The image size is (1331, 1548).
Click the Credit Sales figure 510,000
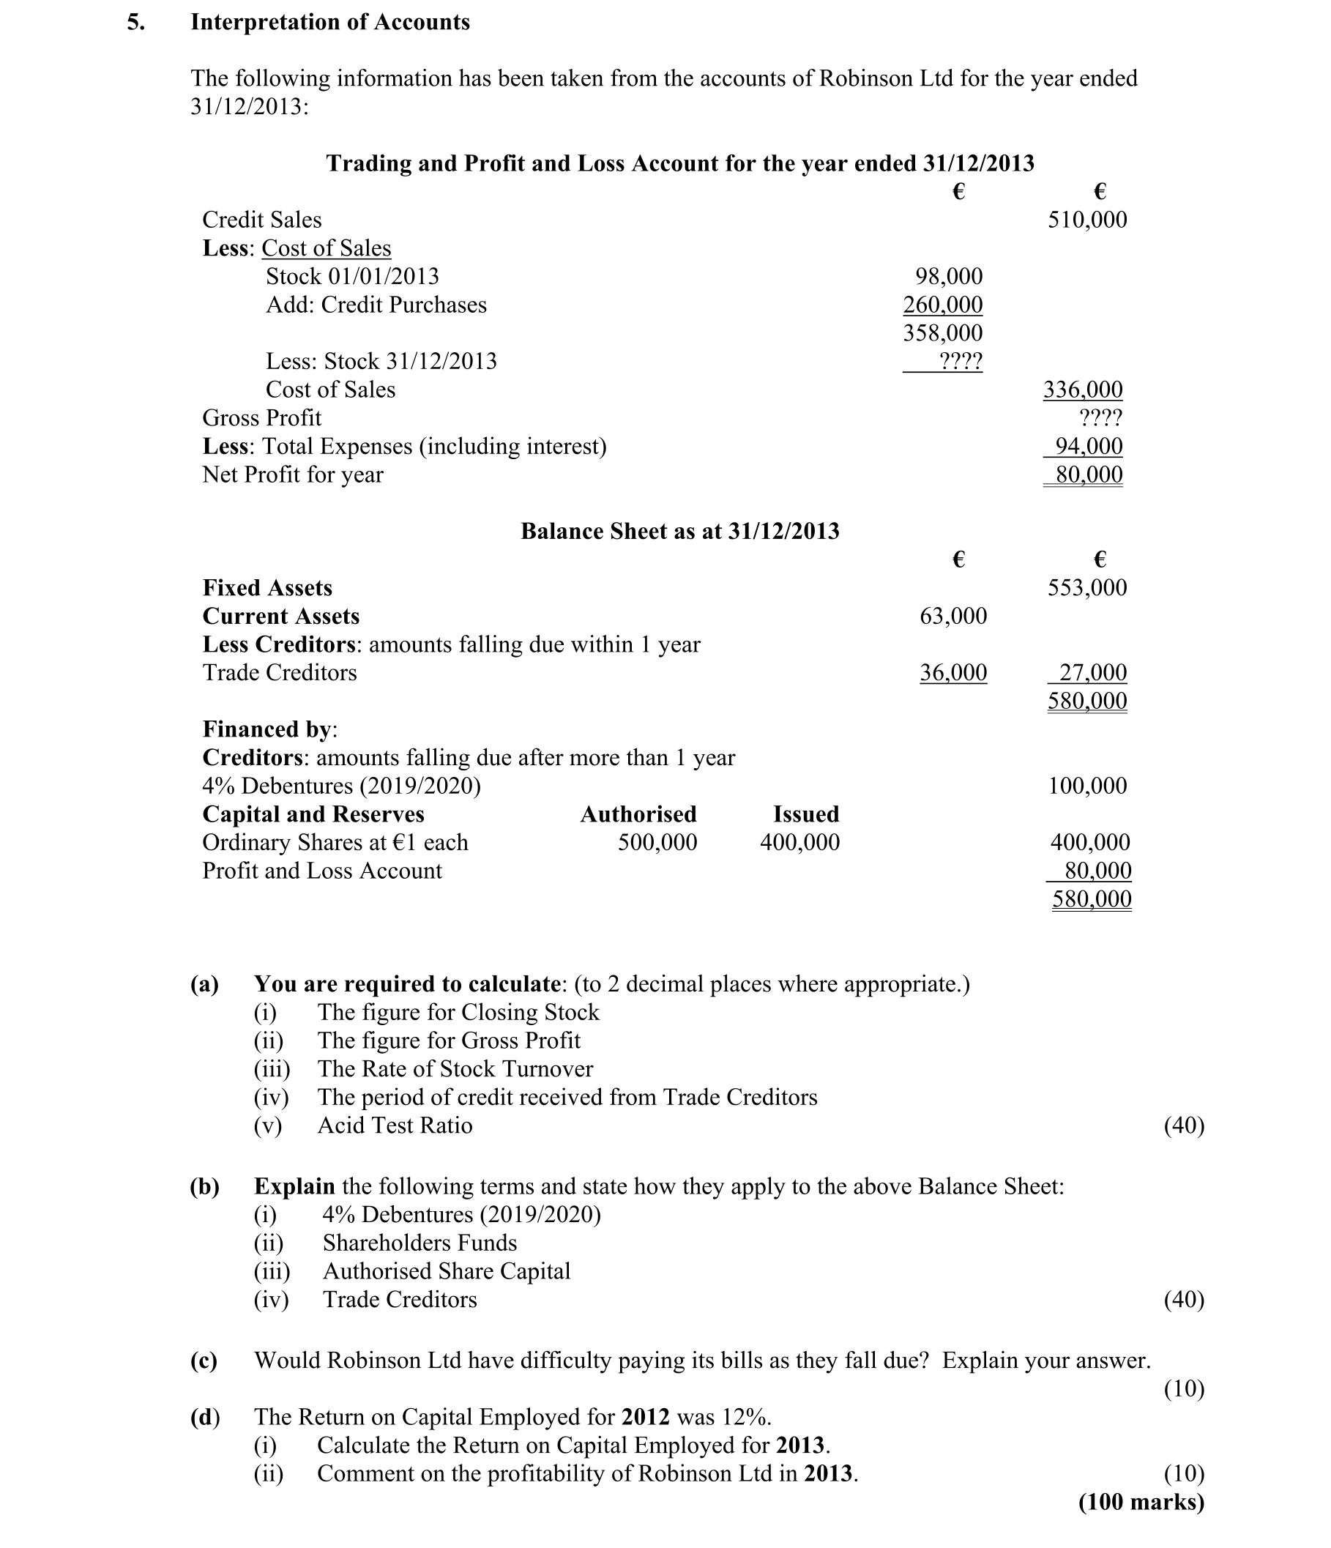click(1086, 220)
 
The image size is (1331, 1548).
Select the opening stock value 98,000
click(949, 277)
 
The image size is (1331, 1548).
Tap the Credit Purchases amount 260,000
click(942, 305)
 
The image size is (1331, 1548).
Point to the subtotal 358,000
click(942, 333)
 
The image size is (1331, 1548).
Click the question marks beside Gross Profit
click(1100, 417)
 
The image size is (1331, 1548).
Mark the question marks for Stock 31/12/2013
click(961, 362)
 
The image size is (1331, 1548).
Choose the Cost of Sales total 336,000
click(1082, 390)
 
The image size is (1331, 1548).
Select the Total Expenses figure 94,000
click(1088, 446)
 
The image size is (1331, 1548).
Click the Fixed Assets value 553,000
click(1086, 588)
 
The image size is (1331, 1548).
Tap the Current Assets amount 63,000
click(953, 617)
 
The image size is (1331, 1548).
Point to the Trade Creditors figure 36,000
click(953, 673)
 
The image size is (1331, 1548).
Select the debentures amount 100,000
click(1086, 786)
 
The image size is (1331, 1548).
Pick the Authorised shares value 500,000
click(657, 843)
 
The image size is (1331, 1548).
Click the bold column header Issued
click(806, 814)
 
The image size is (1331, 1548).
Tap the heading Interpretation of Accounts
click(330, 23)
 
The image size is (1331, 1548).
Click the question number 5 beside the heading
click(135, 23)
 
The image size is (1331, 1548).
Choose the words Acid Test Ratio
click(395, 1126)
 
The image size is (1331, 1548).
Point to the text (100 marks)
click(1141, 1503)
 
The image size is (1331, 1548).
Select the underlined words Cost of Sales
click(327, 248)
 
